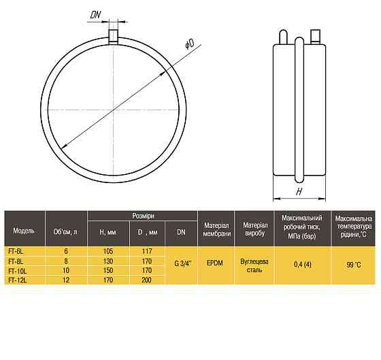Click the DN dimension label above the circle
(x=95, y=15)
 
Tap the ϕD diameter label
(x=190, y=44)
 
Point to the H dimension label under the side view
(x=299, y=191)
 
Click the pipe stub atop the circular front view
(x=113, y=37)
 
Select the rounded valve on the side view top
(x=283, y=37)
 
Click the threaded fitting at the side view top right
(x=315, y=37)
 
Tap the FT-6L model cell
(x=16, y=252)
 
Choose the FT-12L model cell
(x=18, y=280)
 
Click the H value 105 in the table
(x=108, y=251)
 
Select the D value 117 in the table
(x=147, y=251)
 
